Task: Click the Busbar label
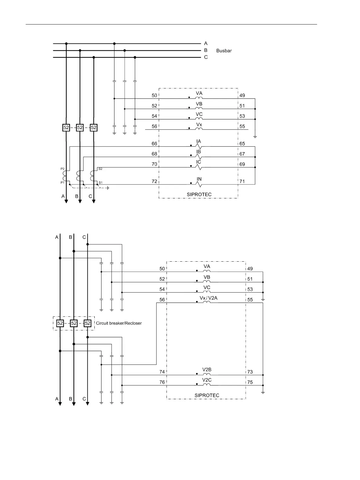click(x=224, y=51)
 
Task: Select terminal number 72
click(x=154, y=181)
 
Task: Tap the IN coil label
click(x=199, y=179)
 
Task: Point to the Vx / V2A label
click(x=209, y=298)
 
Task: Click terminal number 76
click(x=162, y=382)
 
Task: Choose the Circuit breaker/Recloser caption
click(x=119, y=323)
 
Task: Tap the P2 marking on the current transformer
click(x=62, y=168)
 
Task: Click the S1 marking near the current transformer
click(x=100, y=182)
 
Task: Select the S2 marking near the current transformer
click(x=100, y=169)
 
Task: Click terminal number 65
click(x=242, y=144)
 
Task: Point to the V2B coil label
click(x=207, y=370)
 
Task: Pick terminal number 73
click(x=250, y=372)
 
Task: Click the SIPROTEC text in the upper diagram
click(x=199, y=194)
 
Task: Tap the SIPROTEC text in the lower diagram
click(x=207, y=395)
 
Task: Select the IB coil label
click(x=199, y=152)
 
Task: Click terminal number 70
click(x=154, y=164)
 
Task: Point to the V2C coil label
click(x=207, y=380)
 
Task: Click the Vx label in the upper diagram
click(x=199, y=124)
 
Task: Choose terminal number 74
click(x=162, y=372)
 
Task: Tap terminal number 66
click(x=154, y=144)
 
